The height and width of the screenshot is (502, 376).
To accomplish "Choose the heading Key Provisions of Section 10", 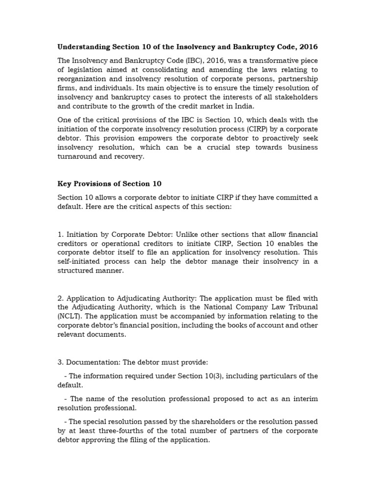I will tap(109, 184).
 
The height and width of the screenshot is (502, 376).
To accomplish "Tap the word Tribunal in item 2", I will tap(301, 307).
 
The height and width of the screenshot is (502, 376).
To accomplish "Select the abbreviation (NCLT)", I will tap(70, 316).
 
